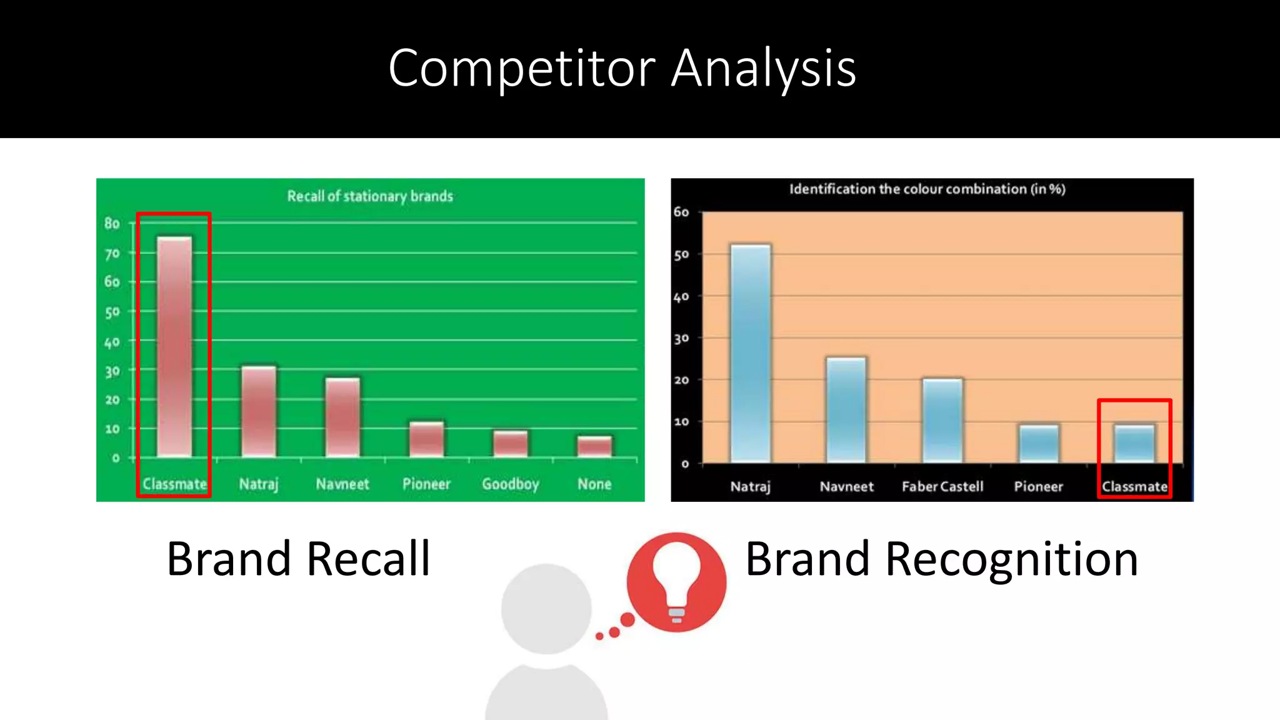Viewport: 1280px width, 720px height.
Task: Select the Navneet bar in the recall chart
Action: pyautogui.click(x=342, y=417)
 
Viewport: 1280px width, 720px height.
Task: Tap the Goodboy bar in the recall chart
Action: pyautogui.click(x=511, y=444)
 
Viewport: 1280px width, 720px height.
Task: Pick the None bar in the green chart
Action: pyautogui.click(x=594, y=446)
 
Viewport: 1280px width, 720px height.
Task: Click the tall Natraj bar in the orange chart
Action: pyautogui.click(x=751, y=353)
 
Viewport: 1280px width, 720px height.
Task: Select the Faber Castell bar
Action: pyautogui.click(x=942, y=420)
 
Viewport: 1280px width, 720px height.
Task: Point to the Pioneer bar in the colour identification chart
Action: pyautogui.click(x=1039, y=444)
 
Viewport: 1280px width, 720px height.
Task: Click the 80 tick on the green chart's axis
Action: pyautogui.click(x=112, y=223)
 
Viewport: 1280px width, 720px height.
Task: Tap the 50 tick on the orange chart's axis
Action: pyautogui.click(x=681, y=254)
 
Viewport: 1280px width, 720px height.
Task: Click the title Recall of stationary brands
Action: pyautogui.click(x=370, y=196)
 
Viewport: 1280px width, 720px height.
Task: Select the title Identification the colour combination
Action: pyautogui.click(x=927, y=189)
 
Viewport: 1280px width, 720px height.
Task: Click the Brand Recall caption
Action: pyautogui.click(x=298, y=558)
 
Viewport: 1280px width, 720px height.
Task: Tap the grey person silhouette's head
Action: pyautogui.click(x=546, y=608)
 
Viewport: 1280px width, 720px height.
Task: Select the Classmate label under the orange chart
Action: pyautogui.click(x=1134, y=486)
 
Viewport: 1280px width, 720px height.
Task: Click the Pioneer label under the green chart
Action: pyautogui.click(x=426, y=484)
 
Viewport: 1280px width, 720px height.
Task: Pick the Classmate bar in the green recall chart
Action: pyautogui.click(x=174, y=347)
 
